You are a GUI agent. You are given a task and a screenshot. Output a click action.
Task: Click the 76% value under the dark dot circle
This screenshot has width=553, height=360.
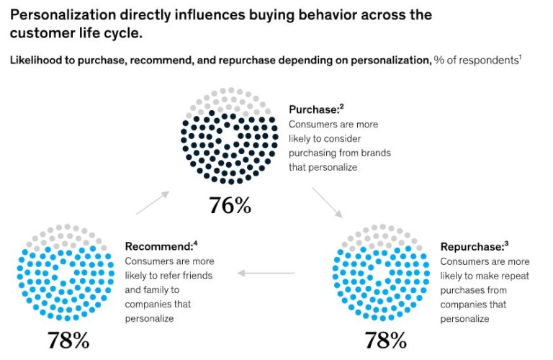230,206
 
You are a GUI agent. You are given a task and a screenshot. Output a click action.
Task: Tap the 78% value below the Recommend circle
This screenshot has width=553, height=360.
68,340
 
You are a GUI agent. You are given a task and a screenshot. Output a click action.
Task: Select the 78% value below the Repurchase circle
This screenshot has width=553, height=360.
385,340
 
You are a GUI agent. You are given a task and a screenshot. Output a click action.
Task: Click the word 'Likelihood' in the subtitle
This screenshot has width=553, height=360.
37,60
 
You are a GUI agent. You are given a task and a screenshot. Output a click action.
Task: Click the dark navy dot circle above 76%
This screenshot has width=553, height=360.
230,138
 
